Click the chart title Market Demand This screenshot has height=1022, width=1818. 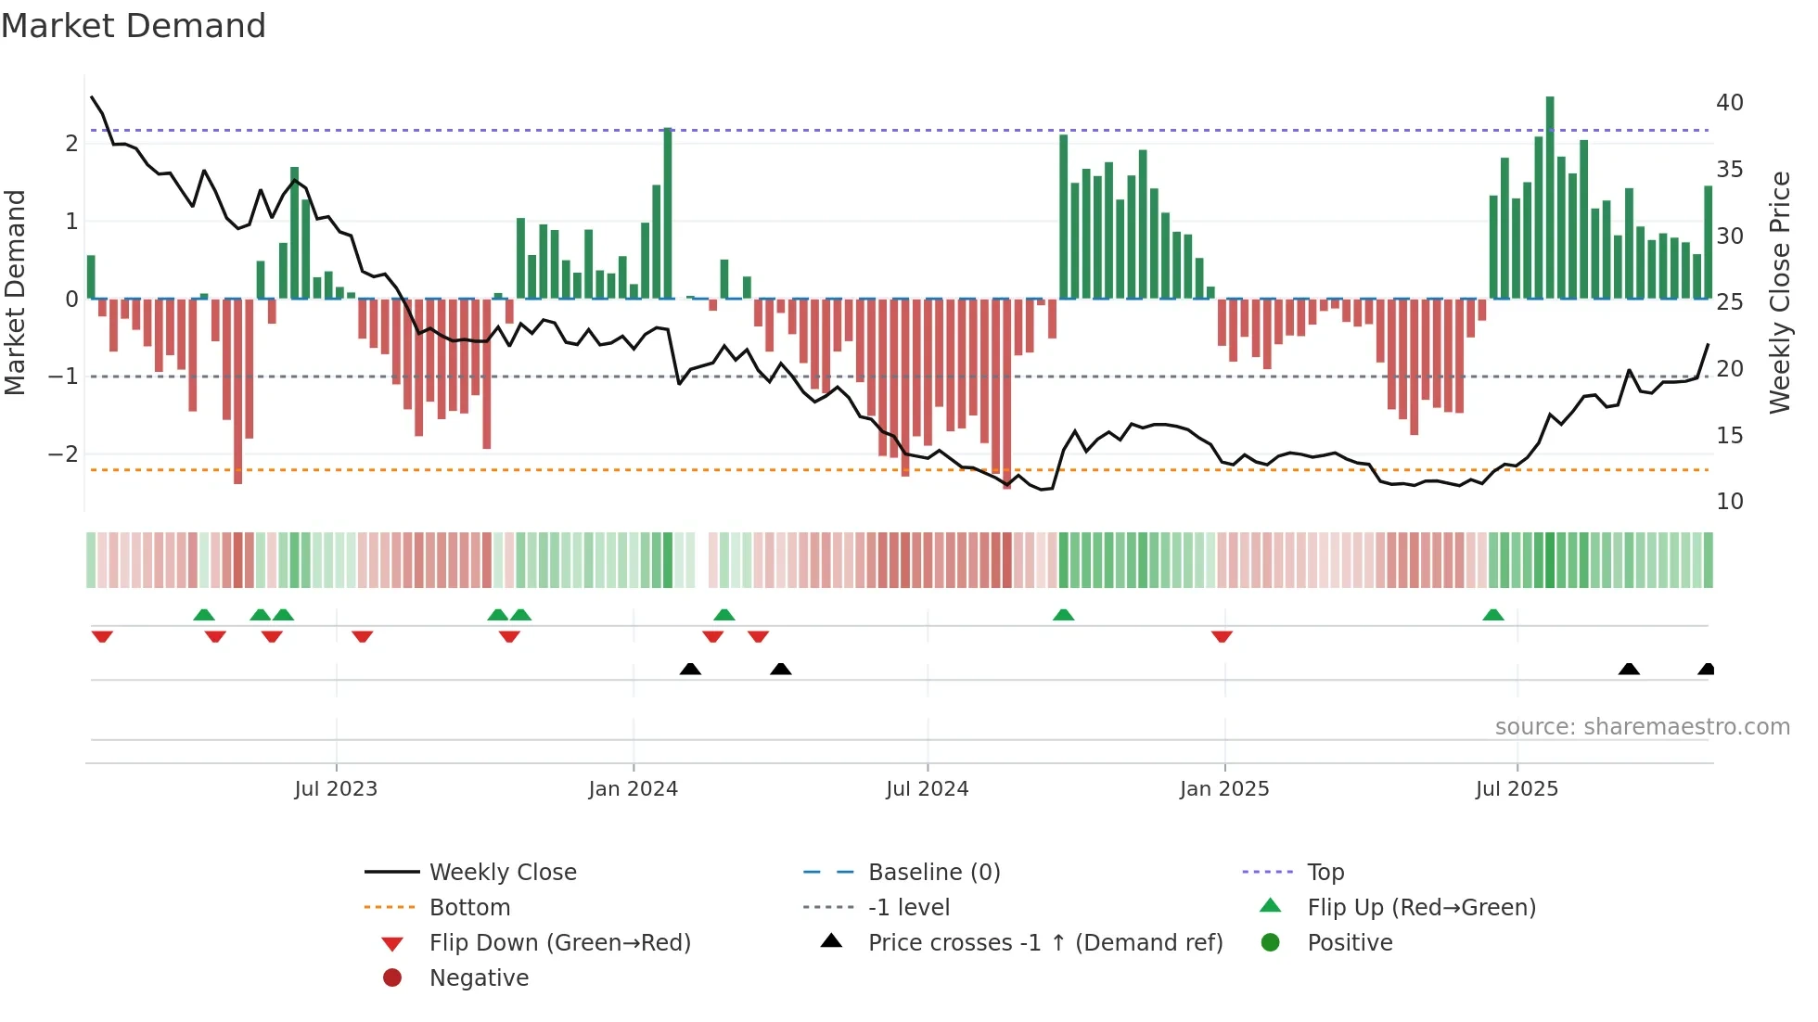tap(134, 26)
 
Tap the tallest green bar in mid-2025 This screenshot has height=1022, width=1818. tap(1550, 197)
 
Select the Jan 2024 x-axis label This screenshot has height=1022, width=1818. tap(633, 789)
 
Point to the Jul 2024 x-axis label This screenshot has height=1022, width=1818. tap(927, 789)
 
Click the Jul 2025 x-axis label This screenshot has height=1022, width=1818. tap(1517, 789)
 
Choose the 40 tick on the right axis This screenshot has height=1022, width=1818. tap(1729, 103)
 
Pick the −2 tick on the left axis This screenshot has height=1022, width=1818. tap(63, 454)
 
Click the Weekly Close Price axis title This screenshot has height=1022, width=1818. tap(1779, 292)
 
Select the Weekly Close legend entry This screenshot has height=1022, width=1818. tap(502, 873)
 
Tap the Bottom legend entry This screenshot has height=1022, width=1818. tap(469, 908)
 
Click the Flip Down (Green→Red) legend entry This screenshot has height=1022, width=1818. tap(559, 943)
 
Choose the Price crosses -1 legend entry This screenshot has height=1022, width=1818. tap(1044, 943)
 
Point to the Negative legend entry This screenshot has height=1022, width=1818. tap(479, 978)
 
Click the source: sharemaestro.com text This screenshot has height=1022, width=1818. tap(1642, 727)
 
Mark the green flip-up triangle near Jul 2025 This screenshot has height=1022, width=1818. tap(1492, 615)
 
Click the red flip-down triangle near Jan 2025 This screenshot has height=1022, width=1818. tap(1222, 636)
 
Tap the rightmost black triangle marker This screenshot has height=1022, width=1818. tap(1706, 669)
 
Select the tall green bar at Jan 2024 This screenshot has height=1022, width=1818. tap(668, 213)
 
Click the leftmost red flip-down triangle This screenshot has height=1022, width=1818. tap(102, 636)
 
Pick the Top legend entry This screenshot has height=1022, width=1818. tap(1325, 873)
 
